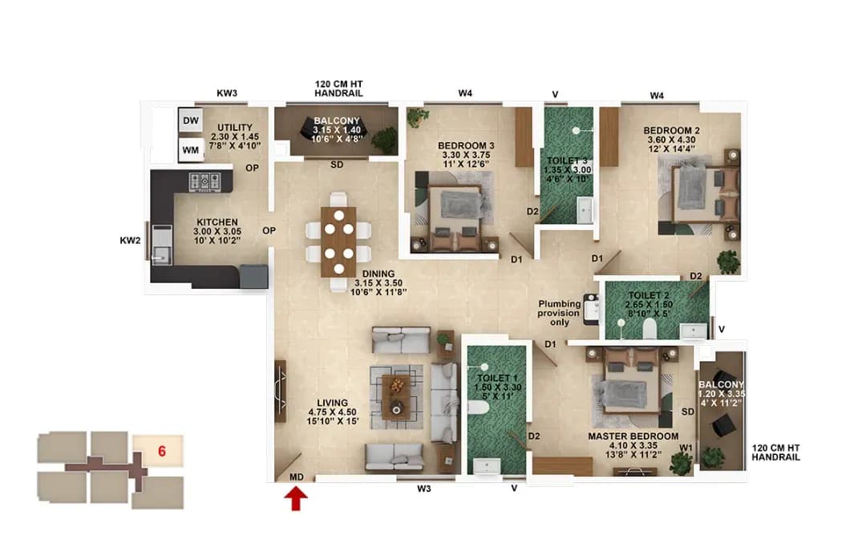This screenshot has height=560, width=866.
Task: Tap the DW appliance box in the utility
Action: coord(190,120)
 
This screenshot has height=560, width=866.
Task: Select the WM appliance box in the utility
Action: coord(190,150)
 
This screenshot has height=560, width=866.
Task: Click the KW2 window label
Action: coord(131,240)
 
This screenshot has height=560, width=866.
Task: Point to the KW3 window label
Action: coord(227,94)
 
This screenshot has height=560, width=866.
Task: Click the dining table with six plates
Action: coord(338,241)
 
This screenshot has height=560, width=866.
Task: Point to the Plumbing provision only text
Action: coord(559,313)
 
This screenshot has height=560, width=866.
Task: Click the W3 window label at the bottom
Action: coord(425,488)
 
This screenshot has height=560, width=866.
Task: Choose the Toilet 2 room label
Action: coord(651,301)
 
